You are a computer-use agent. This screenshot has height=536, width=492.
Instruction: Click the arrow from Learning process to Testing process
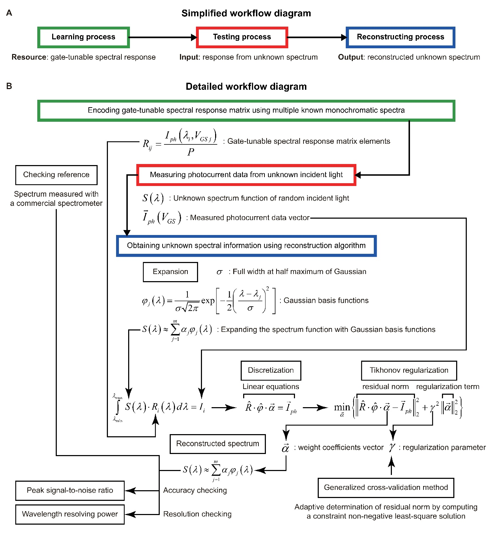tap(163, 37)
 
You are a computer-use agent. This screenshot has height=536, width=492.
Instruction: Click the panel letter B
tap(9, 86)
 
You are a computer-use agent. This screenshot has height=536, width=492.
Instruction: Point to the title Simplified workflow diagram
tap(246, 13)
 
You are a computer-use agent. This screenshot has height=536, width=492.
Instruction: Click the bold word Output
tap(351, 57)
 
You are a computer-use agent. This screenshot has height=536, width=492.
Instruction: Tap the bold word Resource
tap(29, 57)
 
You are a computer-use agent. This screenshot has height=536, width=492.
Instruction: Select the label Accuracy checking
tap(195, 491)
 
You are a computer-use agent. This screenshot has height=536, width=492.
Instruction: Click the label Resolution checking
tap(197, 514)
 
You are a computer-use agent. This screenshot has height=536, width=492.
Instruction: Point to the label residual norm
tap(386, 387)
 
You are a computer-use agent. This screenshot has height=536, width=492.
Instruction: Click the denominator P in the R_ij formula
tap(191, 152)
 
